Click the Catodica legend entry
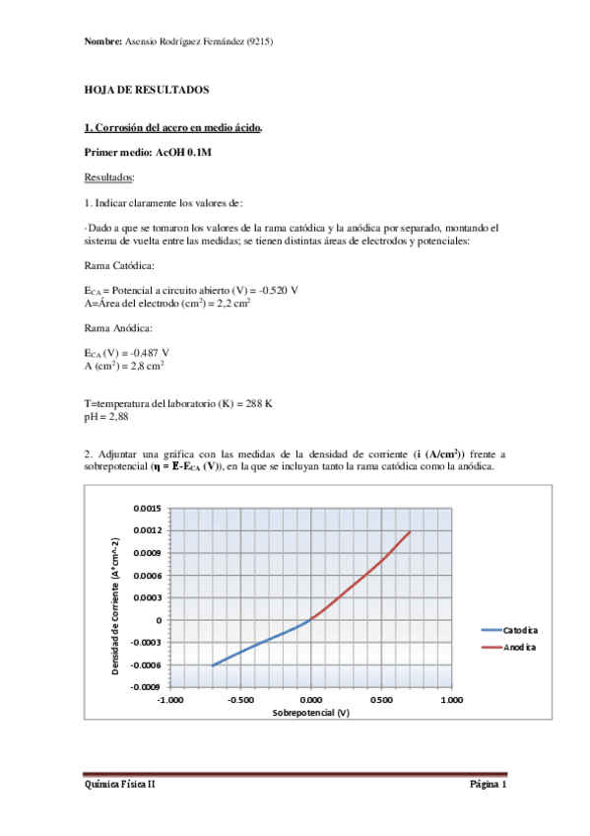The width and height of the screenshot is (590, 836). (520, 629)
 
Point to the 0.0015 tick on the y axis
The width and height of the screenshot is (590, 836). (146, 509)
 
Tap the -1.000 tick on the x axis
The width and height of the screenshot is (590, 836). (170, 701)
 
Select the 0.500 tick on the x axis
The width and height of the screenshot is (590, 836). (381, 701)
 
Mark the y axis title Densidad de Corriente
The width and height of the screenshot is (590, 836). (115, 597)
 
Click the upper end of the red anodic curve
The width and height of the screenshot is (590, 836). (410, 531)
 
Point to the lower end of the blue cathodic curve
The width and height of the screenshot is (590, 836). (213, 665)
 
